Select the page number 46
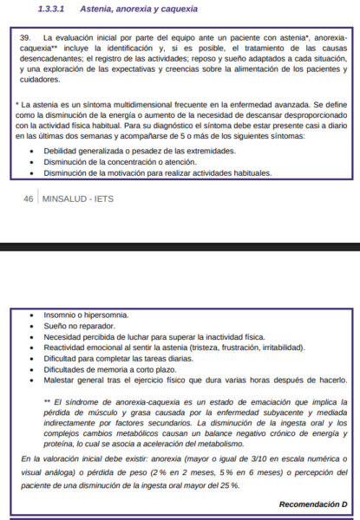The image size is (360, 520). coord(29,198)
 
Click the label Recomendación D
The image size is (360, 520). coord(313,504)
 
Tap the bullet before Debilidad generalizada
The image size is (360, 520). coord(32,151)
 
